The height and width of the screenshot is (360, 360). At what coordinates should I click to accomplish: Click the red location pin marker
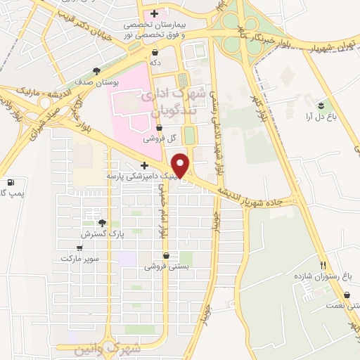pyautogui.click(x=181, y=165)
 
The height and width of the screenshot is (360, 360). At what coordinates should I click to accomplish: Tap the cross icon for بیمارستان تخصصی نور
pyautogui.click(x=154, y=14)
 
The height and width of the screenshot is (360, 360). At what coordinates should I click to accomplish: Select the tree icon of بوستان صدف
pyautogui.click(x=96, y=70)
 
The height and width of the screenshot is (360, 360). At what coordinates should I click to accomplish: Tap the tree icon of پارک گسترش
pyautogui.click(x=103, y=223)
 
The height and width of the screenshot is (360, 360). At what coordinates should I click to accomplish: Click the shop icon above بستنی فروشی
pyautogui.click(x=166, y=256)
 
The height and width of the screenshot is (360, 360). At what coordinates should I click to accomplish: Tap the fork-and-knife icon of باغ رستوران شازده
pyautogui.click(x=323, y=265)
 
